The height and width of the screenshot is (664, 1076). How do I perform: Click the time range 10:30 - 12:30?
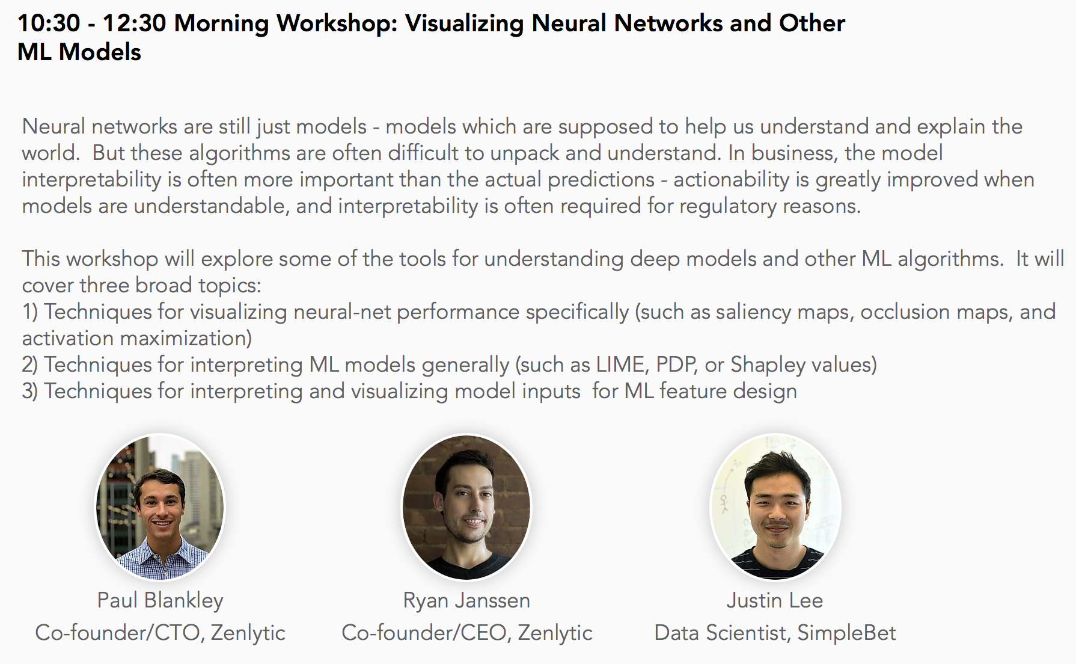[x=91, y=23]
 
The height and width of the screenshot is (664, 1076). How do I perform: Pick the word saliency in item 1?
[x=753, y=312]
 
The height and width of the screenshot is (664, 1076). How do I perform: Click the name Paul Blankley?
[x=160, y=600]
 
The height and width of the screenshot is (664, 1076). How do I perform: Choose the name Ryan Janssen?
[x=466, y=600]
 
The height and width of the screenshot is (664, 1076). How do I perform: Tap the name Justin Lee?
[x=775, y=600]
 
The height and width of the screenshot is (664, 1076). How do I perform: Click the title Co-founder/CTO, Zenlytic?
[x=160, y=633]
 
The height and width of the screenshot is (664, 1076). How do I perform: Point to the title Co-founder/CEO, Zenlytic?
[x=467, y=633]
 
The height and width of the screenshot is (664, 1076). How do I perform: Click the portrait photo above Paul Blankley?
[x=160, y=507]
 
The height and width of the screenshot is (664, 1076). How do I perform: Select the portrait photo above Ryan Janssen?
[x=466, y=507]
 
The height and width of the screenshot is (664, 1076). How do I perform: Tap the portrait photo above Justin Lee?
[x=775, y=507]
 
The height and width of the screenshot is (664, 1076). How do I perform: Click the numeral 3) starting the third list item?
[x=30, y=392]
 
